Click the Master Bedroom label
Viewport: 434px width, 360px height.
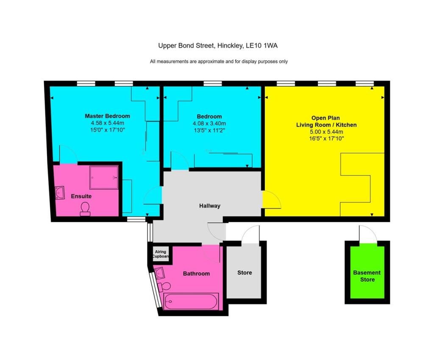click(107, 116)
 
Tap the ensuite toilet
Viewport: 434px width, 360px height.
click(85, 209)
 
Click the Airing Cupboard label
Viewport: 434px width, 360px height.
click(161, 254)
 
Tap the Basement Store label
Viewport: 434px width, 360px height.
click(367, 276)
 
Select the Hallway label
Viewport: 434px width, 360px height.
click(210, 206)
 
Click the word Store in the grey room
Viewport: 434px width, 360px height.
click(245, 273)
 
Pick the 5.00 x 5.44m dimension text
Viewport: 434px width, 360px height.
click(325, 132)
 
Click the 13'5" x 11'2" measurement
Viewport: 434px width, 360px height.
click(209, 130)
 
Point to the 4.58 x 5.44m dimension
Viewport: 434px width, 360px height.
click(107, 123)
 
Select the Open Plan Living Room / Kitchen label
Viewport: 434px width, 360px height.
click(325, 122)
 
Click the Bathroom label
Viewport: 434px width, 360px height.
click(196, 274)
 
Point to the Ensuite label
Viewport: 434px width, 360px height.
click(81, 197)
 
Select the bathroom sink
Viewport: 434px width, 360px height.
click(160, 272)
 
